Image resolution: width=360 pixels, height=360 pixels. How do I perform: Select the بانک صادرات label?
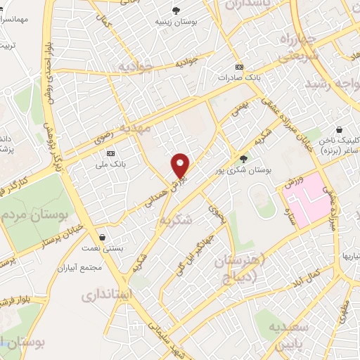click(x=235, y=78)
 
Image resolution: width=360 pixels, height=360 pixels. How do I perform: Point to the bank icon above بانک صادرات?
click(x=235, y=67)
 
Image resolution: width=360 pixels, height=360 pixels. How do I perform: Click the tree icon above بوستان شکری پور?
click(x=244, y=159)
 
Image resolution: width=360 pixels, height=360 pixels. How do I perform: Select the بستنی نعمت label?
click(x=105, y=248)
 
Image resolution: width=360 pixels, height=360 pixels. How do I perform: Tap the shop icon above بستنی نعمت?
click(x=104, y=237)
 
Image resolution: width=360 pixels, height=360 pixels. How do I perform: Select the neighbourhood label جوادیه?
click(x=134, y=66)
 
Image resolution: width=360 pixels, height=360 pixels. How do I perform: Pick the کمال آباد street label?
click(x=307, y=275)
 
